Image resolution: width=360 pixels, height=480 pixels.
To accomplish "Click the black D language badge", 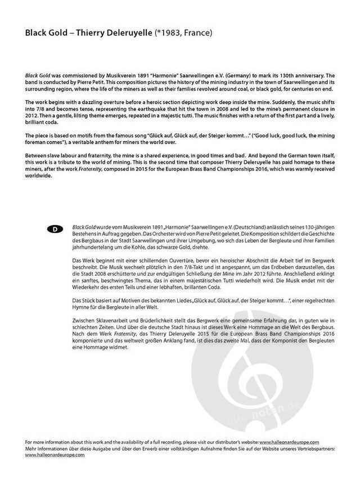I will click(x=55, y=228).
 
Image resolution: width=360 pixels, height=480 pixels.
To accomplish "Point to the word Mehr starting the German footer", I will click(x=31, y=448).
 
